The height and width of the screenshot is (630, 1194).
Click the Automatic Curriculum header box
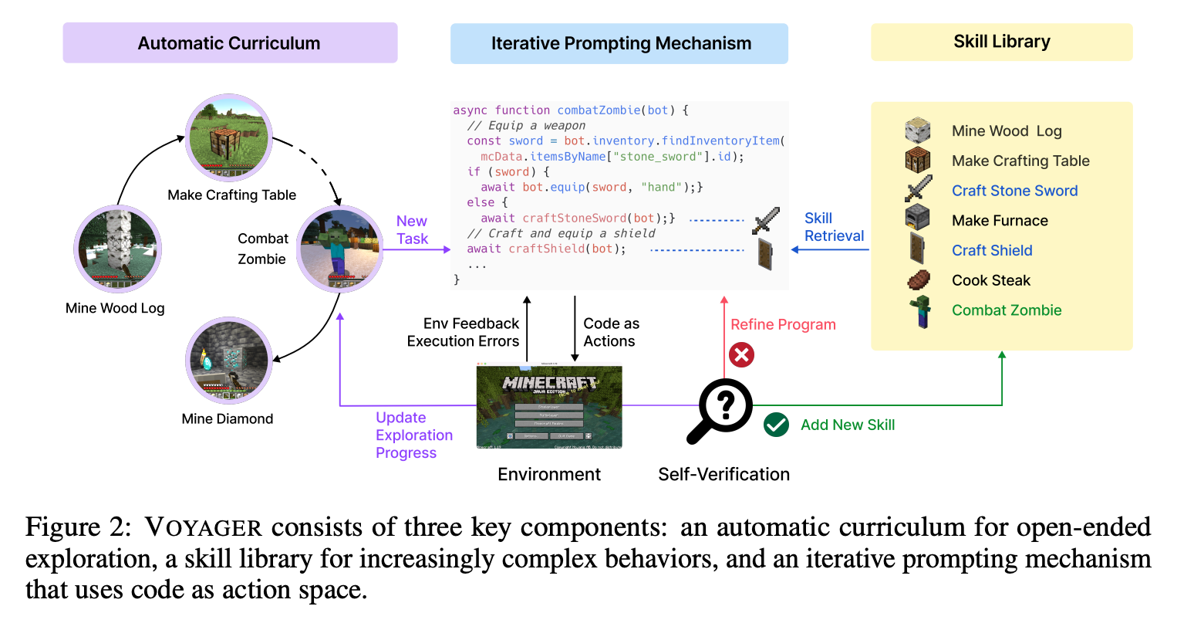[230, 43]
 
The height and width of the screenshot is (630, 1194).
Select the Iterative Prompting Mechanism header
[619, 43]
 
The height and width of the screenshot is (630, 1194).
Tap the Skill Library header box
[1001, 42]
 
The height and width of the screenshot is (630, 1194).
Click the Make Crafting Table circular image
[229, 138]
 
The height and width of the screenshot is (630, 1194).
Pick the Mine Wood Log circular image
[118, 249]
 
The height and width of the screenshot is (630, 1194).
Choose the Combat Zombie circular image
[340, 249]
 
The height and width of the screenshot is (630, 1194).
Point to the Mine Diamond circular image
[229, 361]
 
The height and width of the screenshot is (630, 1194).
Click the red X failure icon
[741, 355]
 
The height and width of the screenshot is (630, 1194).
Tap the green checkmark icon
[776, 425]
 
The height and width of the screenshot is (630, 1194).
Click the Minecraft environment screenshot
[549, 407]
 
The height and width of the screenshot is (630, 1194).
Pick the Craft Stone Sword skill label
[1014, 191]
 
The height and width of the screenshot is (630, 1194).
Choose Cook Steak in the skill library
[990, 280]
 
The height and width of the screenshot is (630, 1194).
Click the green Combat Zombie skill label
[1006, 310]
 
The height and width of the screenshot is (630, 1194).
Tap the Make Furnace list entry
[1000, 221]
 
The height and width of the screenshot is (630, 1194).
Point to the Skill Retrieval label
[833, 227]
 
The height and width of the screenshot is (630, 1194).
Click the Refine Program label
[783, 324]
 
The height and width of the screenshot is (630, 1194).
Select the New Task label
[412, 230]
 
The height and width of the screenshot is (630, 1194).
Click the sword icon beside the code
[766, 220]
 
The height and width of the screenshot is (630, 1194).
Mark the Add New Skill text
[847, 425]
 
